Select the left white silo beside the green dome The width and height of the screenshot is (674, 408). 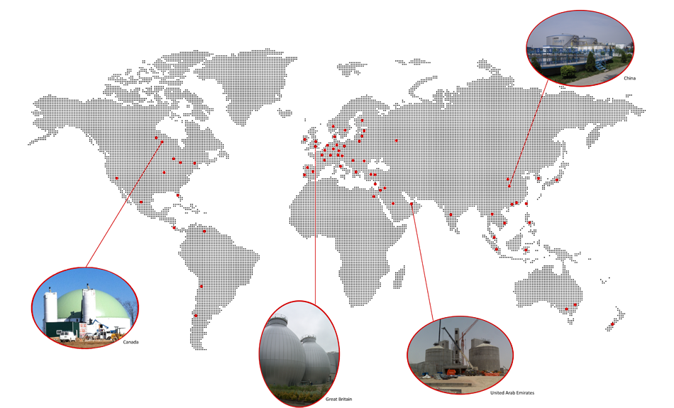(51, 308)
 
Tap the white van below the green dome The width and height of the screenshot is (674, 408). (66, 336)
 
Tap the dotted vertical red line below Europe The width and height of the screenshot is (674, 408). (315, 206)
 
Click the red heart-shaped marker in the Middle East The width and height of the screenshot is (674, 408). (375, 184)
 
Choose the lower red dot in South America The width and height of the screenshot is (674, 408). (196, 315)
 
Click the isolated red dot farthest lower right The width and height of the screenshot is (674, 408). (612, 324)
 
